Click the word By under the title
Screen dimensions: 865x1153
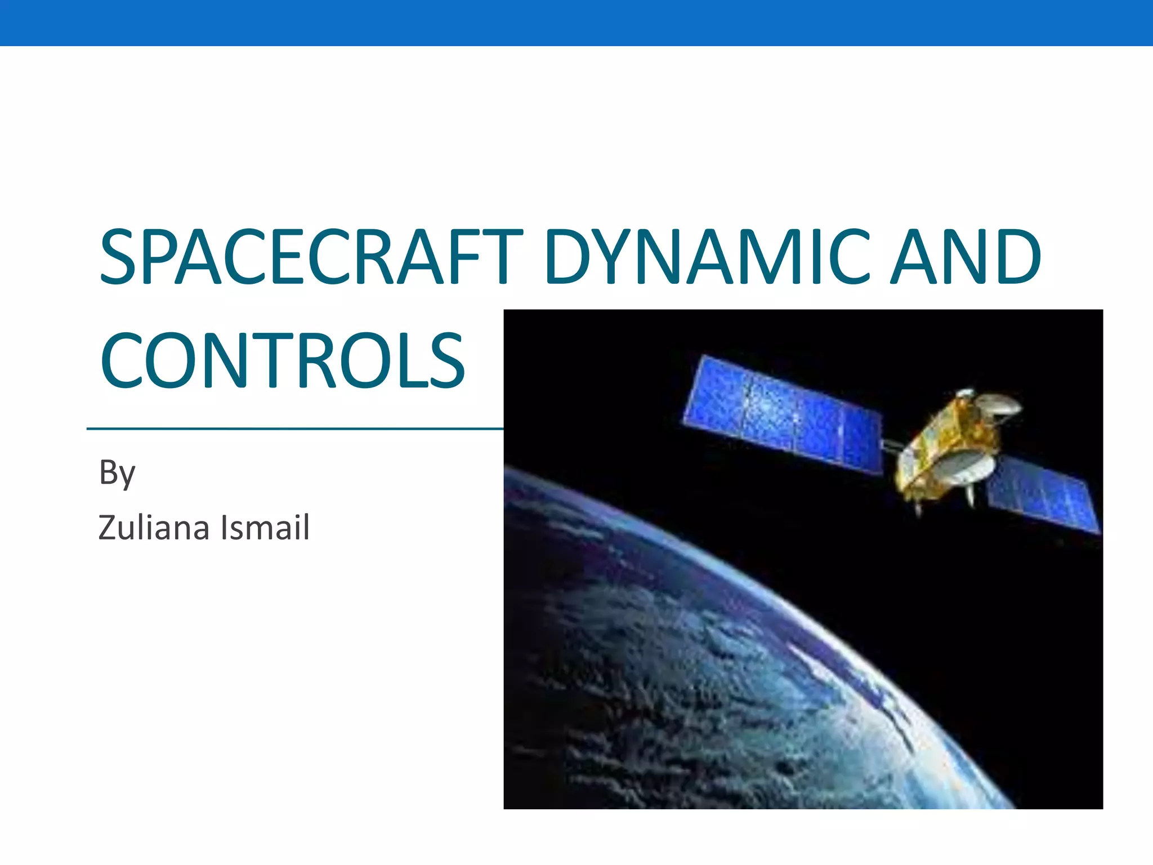(117, 473)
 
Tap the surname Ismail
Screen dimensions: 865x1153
(265, 528)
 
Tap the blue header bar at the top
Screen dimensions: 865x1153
(576, 23)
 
